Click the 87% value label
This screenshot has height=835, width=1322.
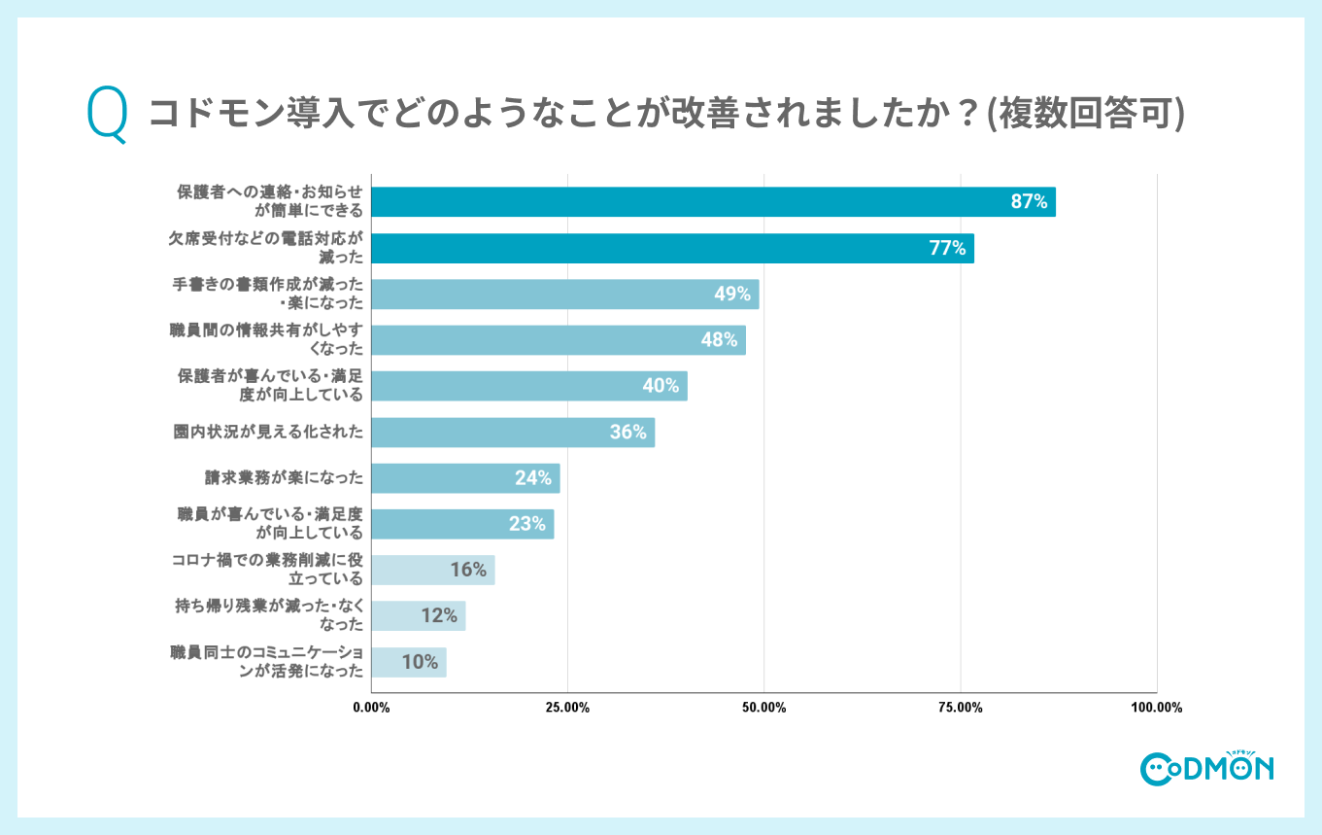coord(1029,202)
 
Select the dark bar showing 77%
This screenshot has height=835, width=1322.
coord(672,248)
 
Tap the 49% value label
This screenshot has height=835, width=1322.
coord(732,294)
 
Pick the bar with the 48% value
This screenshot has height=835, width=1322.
coord(559,340)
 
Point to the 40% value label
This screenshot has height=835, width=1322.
coord(660,386)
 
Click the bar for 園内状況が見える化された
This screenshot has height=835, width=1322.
coord(513,433)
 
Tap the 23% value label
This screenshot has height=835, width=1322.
coord(527,524)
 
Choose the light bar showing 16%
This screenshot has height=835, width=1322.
coord(433,570)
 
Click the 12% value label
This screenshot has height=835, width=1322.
coord(439,615)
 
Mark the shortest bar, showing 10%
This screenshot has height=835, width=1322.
coord(409,662)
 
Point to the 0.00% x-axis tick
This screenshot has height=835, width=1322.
coord(371,708)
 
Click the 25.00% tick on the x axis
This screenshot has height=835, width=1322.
coord(567,708)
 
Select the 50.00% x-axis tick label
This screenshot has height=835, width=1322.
coord(763,708)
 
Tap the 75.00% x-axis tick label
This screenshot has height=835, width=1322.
coord(960,708)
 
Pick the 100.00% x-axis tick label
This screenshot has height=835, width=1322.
coord(1156,708)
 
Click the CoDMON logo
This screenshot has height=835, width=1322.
coord(1206,767)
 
